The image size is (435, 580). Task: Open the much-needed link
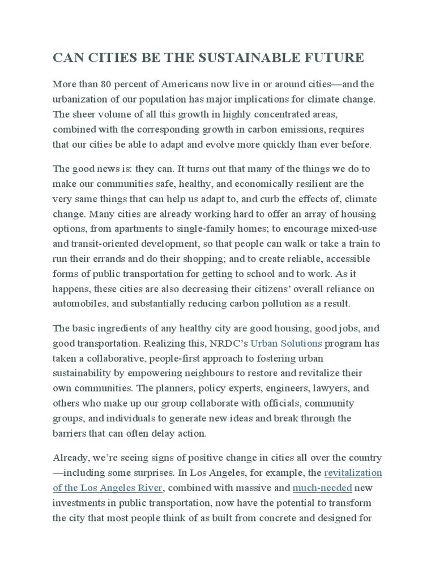[x=315, y=488]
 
